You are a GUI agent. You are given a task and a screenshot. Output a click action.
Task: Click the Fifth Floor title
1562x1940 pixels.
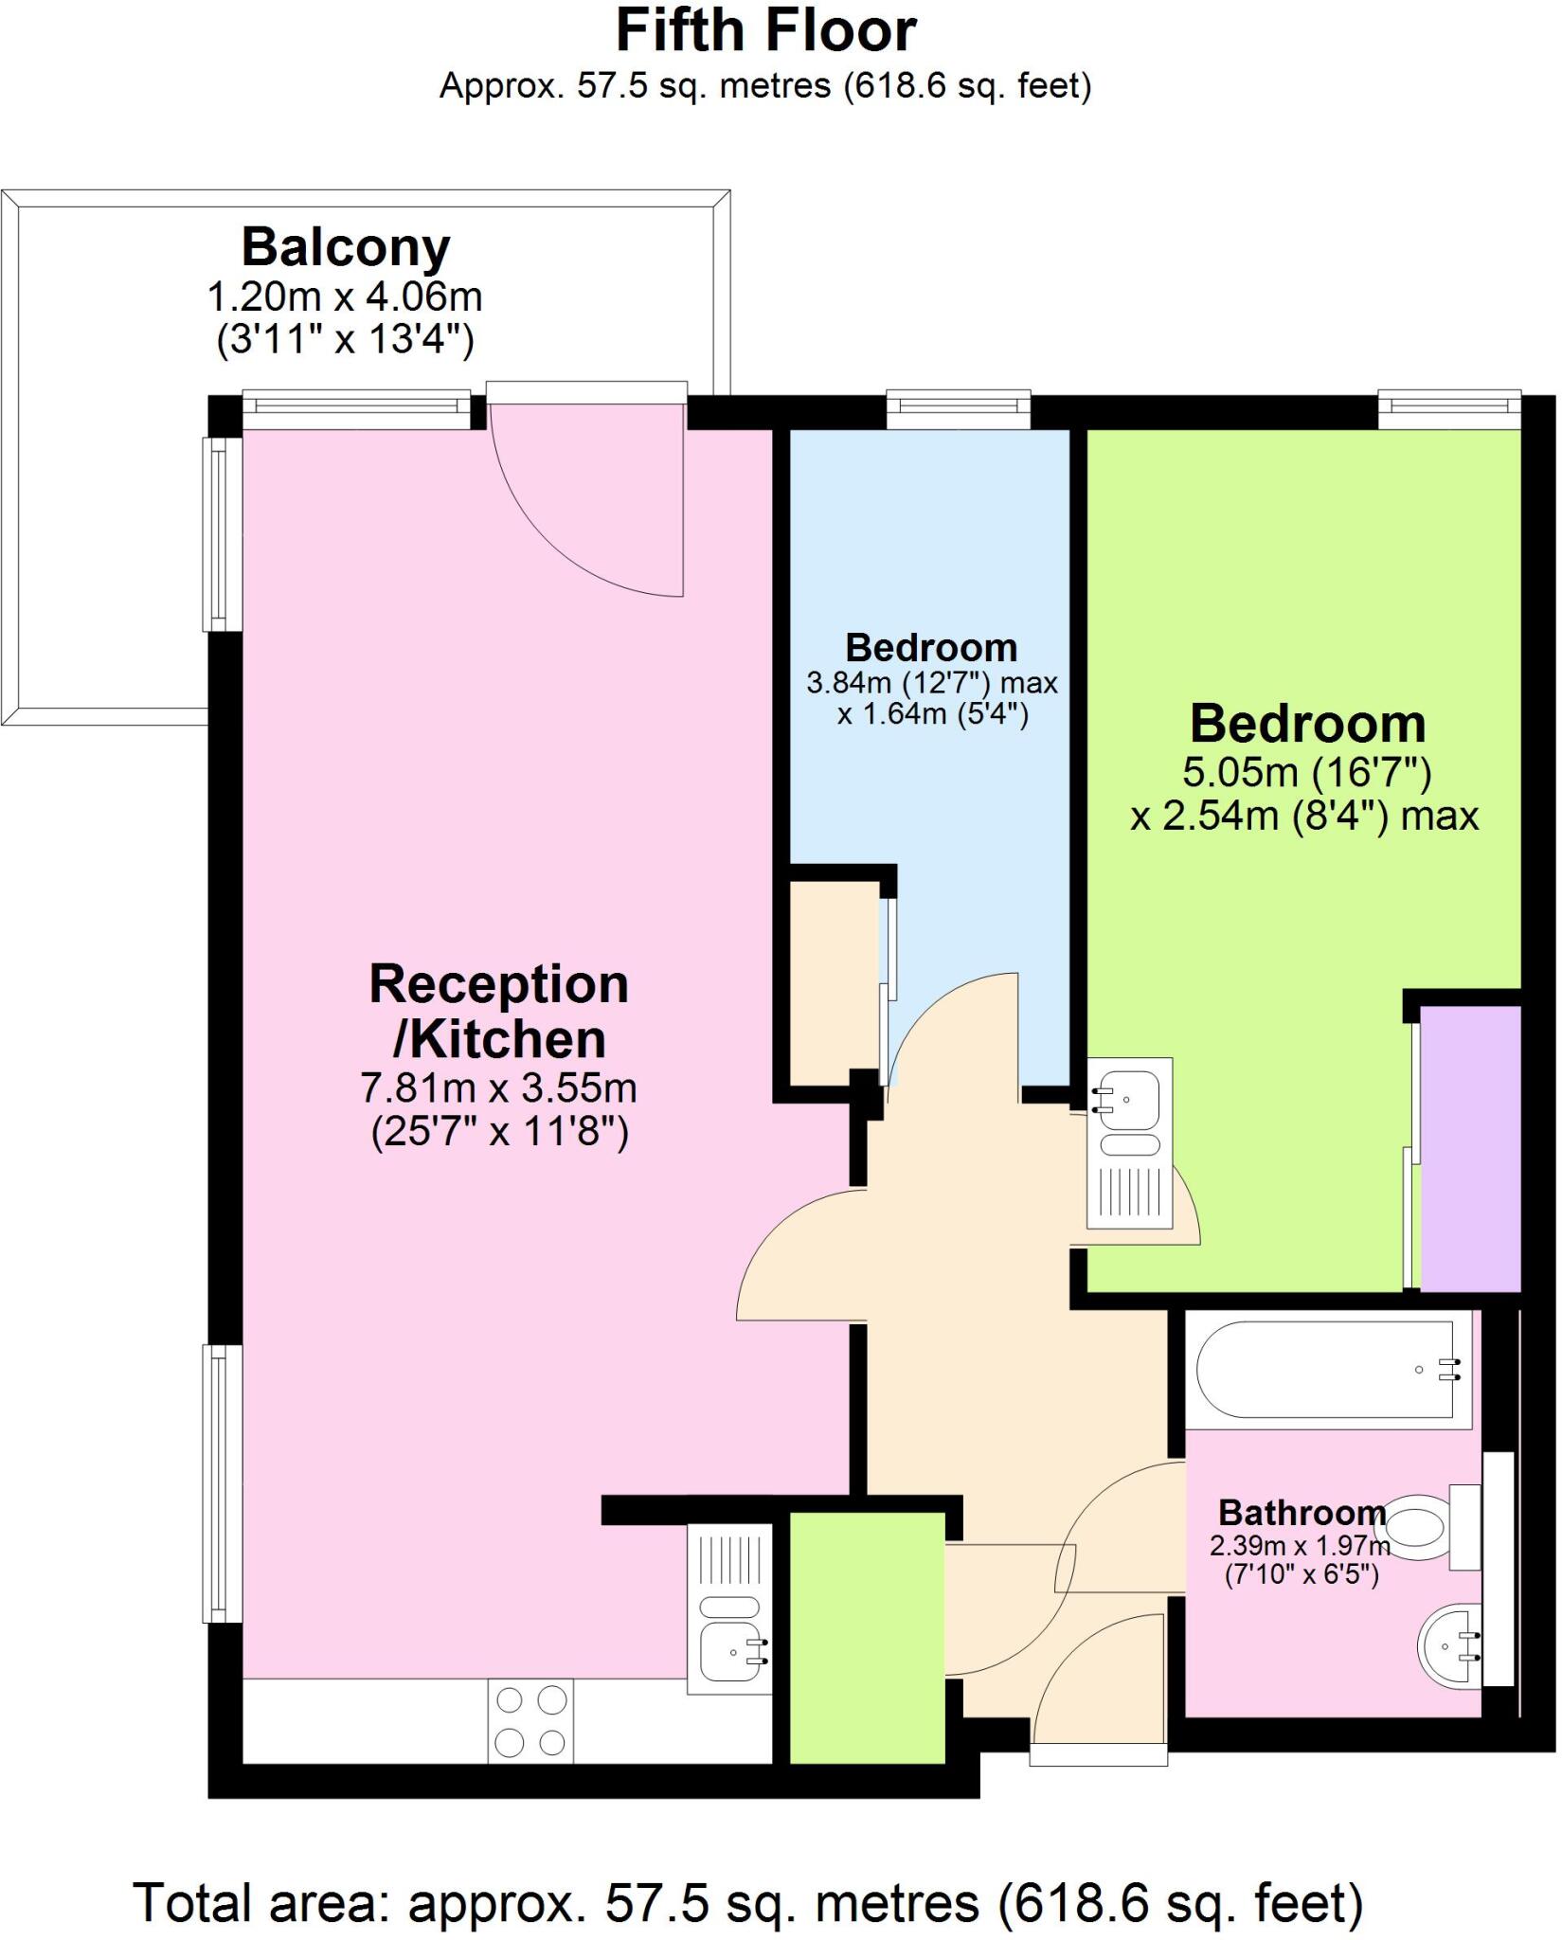point(765,32)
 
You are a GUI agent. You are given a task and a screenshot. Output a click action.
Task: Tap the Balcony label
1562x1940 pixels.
point(346,248)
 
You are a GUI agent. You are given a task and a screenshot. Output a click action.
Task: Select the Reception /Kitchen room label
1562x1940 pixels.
point(498,1012)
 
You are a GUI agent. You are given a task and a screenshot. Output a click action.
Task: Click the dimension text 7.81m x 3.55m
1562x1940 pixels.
point(498,1087)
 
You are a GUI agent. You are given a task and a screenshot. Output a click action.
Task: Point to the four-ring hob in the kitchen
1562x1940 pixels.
point(530,1721)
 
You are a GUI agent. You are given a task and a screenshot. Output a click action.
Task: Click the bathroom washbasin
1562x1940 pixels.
point(1450,1645)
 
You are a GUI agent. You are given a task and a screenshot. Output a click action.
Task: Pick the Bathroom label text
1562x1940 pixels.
point(1302,1512)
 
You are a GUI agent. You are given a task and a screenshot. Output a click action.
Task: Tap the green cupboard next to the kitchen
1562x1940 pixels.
point(867,1640)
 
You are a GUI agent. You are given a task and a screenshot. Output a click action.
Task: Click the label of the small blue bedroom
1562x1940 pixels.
point(931,648)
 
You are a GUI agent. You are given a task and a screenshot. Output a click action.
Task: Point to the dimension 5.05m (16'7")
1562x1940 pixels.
point(1306,773)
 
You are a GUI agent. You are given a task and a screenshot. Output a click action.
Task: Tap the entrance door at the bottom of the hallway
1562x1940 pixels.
point(1099,1752)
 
